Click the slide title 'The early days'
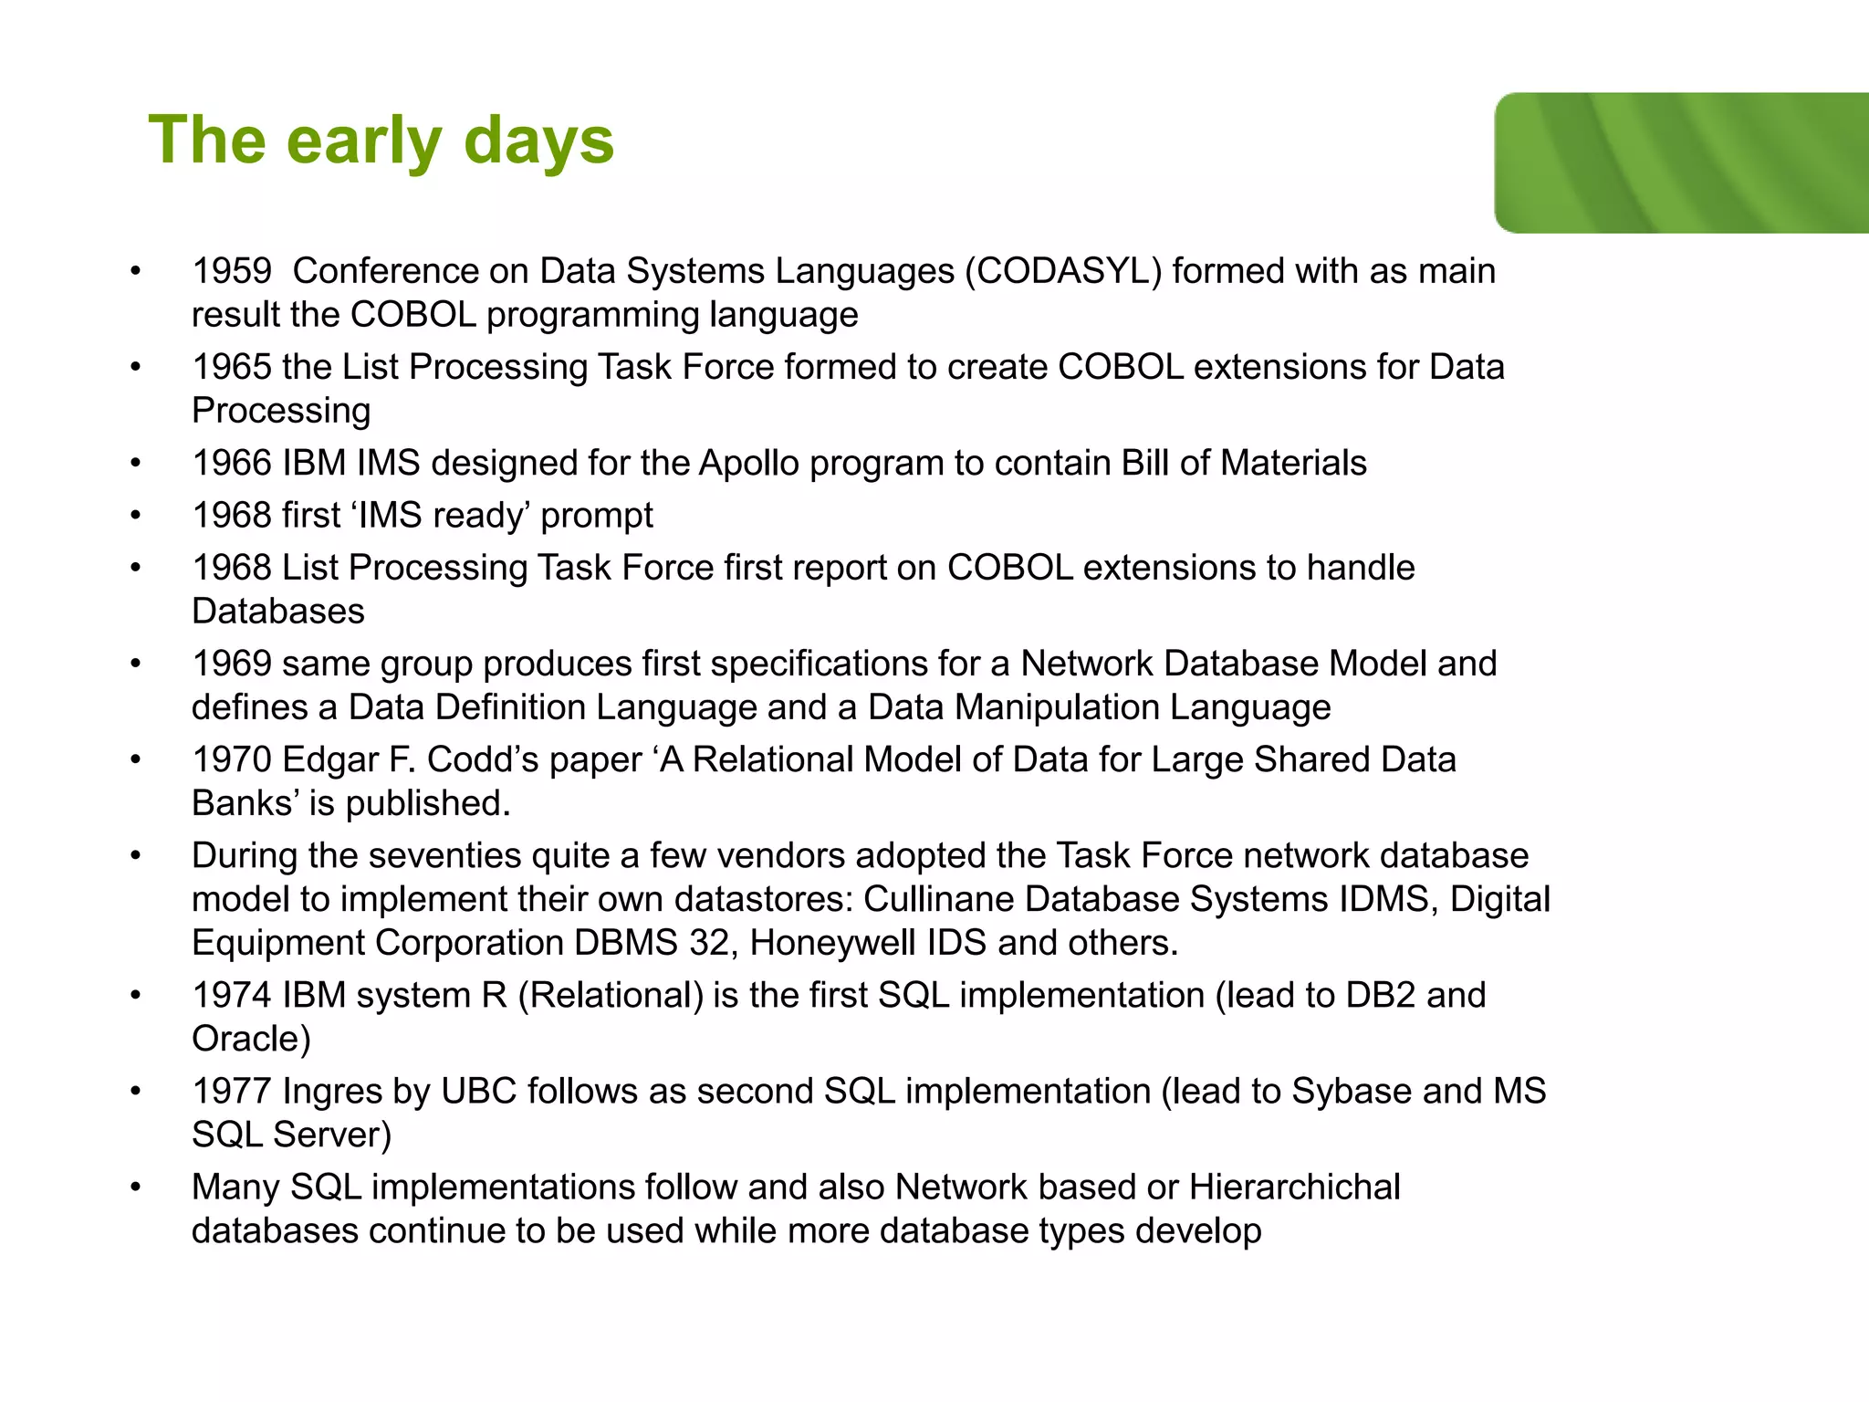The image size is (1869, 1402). (381, 141)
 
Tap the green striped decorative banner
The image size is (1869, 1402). (1681, 162)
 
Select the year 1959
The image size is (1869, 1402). (232, 271)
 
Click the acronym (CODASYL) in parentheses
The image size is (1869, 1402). (1063, 271)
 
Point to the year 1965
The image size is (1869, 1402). (232, 367)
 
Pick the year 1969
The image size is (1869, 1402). (232, 664)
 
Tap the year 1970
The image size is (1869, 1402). (232, 759)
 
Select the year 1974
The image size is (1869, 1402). (232, 995)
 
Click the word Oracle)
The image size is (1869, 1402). (251, 1039)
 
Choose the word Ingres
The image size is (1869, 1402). (332, 1091)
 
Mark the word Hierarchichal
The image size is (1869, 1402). (1294, 1187)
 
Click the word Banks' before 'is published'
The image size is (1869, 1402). (245, 803)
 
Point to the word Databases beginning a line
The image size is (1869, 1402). (278, 612)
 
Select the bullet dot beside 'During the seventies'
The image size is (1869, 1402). (136, 856)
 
